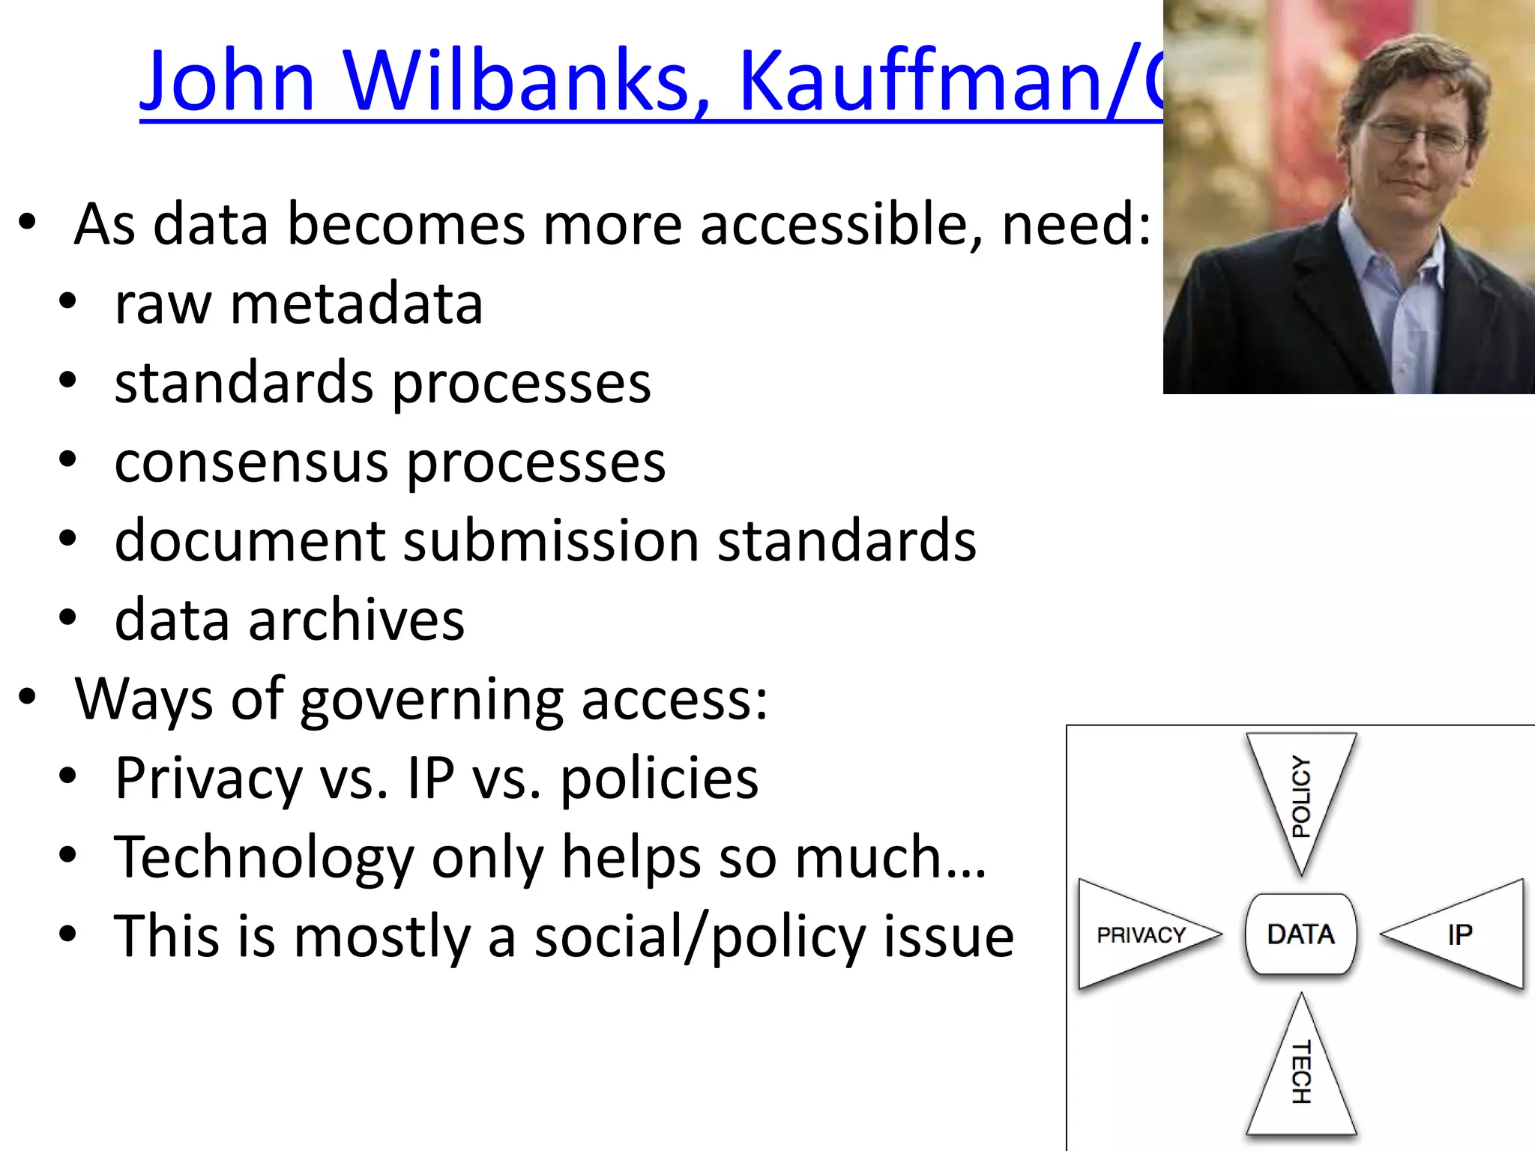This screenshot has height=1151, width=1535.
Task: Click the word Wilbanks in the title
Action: pyautogui.click(x=517, y=81)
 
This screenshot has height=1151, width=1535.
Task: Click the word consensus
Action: pyautogui.click(x=252, y=462)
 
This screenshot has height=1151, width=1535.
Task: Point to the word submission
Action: pyautogui.click(x=551, y=540)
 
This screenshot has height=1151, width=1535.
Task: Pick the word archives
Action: pyautogui.click(x=356, y=620)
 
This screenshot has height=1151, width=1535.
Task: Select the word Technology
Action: pyautogui.click(x=264, y=858)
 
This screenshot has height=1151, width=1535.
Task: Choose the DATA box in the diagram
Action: pyautogui.click(x=1300, y=934)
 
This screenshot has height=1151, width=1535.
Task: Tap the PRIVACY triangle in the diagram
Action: pyautogui.click(x=1139, y=934)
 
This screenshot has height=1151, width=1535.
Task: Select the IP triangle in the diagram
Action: pyautogui.click(x=1462, y=934)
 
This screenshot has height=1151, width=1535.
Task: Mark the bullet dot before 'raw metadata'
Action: pyautogui.click(x=67, y=302)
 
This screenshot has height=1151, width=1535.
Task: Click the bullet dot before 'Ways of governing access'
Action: pyautogui.click(x=27, y=697)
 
